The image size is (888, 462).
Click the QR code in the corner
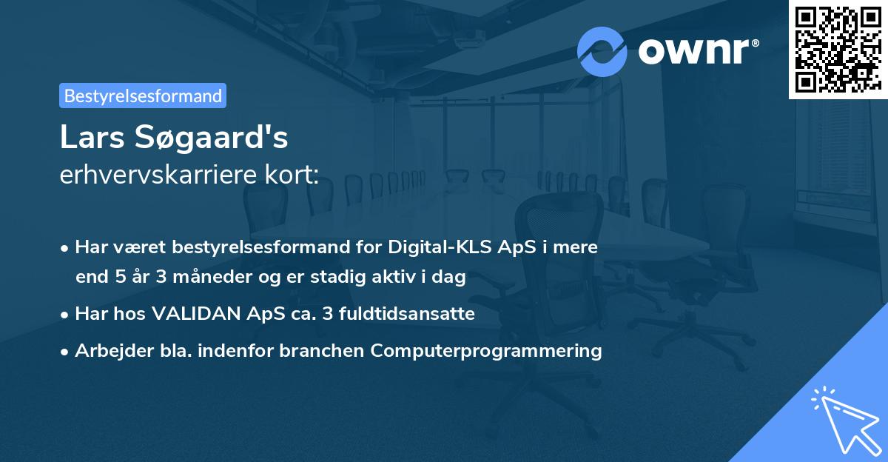point(838,49)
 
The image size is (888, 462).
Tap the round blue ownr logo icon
point(602,51)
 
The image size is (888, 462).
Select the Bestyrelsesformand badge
point(143,96)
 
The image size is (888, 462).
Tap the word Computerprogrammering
point(486,351)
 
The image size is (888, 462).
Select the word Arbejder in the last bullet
point(107,351)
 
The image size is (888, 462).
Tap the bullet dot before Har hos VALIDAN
point(66,314)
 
